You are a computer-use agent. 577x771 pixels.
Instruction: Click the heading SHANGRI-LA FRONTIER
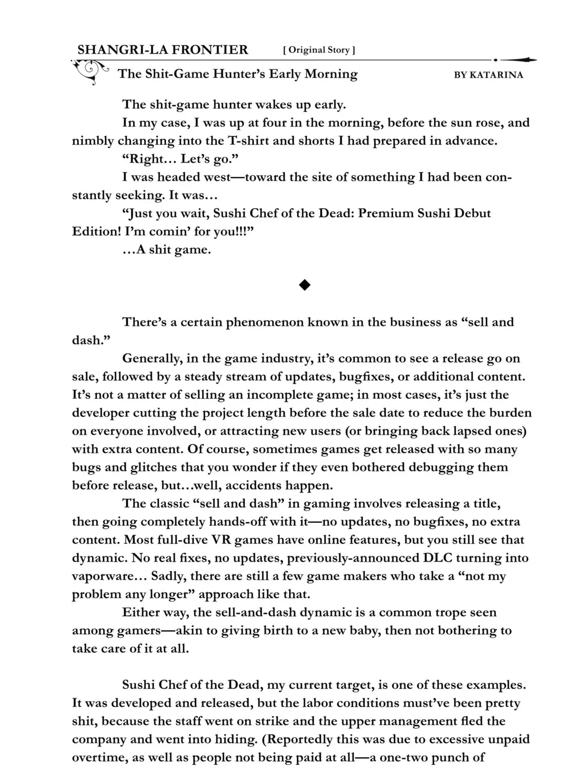click(x=162, y=50)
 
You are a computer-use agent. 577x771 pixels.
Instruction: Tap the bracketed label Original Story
click(x=319, y=50)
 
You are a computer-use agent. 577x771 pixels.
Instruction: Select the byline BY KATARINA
click(x=488, y=75)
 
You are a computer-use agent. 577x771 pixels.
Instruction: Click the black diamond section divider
click(x=304, y=285)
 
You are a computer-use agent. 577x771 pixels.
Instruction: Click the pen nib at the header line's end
click(x=518, y=60)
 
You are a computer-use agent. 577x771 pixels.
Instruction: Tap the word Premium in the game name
click(x=386, y=213)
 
